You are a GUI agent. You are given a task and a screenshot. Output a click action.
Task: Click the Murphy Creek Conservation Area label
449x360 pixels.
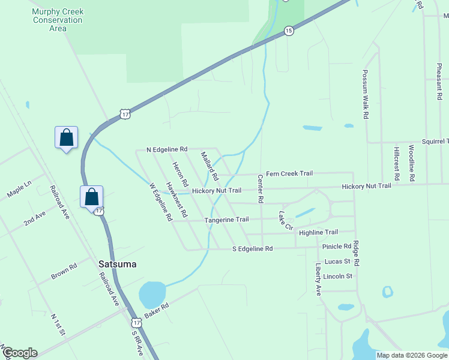click(x=58, y=20)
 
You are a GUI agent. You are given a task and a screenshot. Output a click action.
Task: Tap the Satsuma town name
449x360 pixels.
click(x=118, y=264)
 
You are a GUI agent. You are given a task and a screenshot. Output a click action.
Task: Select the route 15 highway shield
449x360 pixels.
click(x=289, y=31)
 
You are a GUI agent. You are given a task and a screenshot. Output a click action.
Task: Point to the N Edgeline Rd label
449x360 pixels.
click(x=167, y=149)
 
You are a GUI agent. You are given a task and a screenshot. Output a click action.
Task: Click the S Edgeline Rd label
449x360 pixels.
click(x=252, y=248)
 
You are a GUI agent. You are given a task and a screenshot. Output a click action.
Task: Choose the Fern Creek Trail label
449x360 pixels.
click(x=289, y=173)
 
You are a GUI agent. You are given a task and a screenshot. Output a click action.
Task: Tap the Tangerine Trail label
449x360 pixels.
click(x=226, y=220)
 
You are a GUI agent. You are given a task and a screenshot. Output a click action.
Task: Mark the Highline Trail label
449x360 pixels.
click(x=318, y=232)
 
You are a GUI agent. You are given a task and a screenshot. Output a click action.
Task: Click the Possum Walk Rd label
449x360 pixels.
click(x=365, y=94)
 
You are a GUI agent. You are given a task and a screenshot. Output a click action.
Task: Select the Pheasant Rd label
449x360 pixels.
click(x=439, y=77)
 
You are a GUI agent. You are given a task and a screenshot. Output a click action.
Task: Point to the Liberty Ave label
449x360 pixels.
click(x=318, y=279)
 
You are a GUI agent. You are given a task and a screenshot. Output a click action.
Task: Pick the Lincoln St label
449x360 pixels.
click(x=337, y=276)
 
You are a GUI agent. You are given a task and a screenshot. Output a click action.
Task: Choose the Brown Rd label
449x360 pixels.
click(x=64, y=271)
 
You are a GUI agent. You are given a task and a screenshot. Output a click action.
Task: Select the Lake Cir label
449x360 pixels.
click(x=285, y=220)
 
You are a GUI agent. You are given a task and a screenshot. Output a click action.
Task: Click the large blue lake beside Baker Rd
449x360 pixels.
click(x=152, y=295)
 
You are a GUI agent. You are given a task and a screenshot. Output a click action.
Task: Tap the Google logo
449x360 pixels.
click(x=19, y=353)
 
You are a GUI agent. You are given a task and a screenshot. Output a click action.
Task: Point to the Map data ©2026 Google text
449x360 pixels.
click(x=412, y=355)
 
